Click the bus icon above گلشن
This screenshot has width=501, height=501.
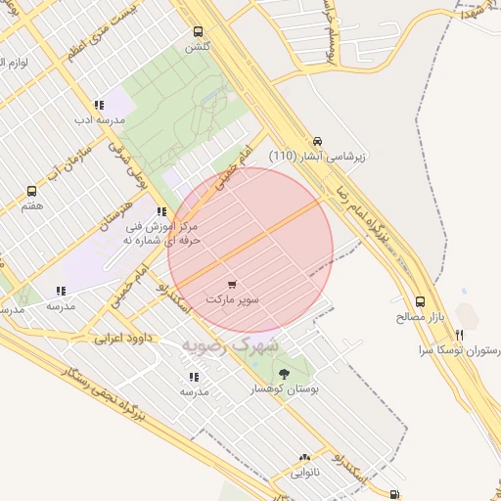[x=199, y=31]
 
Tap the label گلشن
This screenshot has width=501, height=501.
[x=198, y=46]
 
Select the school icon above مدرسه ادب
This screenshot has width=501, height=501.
[x=99, y=105]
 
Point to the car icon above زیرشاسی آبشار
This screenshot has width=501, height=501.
[x=318, y=140]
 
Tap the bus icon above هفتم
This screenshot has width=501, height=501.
[x=32, y=192]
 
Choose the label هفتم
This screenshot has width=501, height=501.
[x=32, y=206]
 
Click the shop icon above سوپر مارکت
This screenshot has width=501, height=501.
[x=232, y=284]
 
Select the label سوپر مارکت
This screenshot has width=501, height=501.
[x=233, y=297]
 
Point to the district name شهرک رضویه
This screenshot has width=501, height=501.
[x=230, y=345]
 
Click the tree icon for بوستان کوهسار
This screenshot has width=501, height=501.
[x=284, y=374]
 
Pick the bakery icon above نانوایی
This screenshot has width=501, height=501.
[x=304, y=457]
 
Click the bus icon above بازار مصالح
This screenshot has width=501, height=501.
[x=421, y=302]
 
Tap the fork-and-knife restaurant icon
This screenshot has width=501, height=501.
[x=459, y=336]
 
